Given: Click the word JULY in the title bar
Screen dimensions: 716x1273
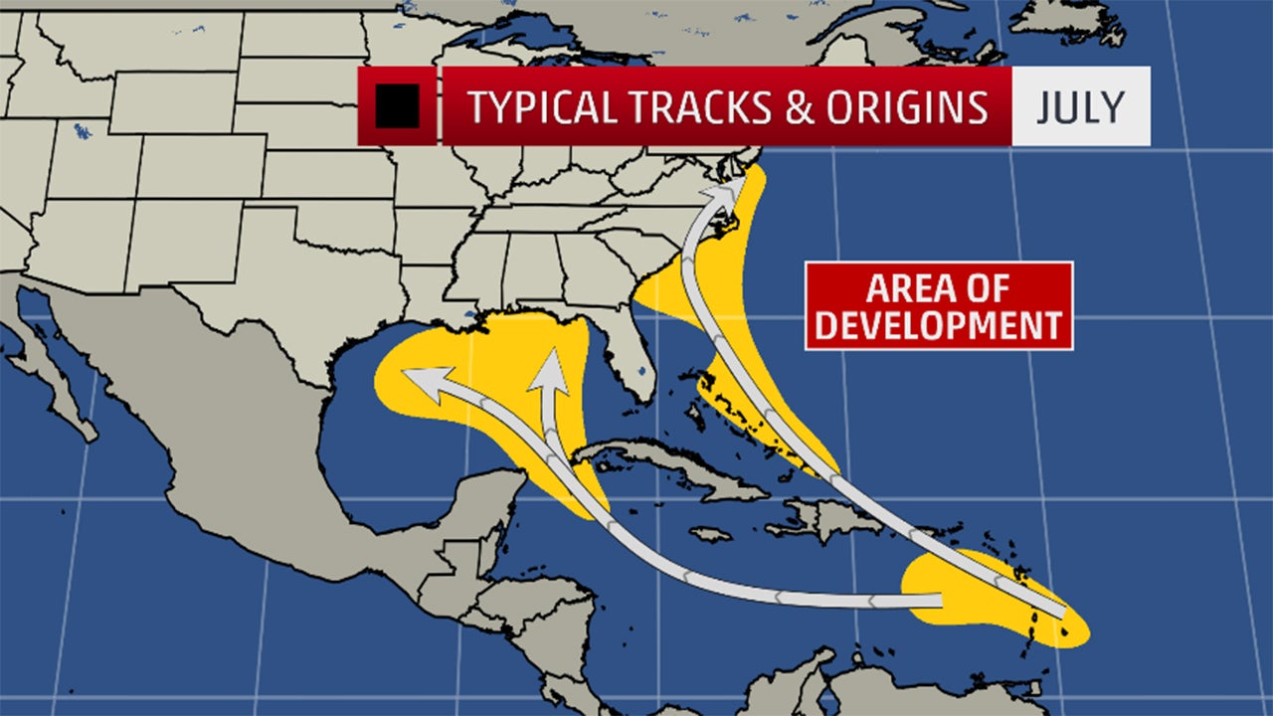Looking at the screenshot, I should coord(1081,106).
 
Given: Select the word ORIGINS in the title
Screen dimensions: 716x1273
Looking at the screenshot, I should coord(908,106).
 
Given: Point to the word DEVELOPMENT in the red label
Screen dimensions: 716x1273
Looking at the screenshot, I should coord(939,325).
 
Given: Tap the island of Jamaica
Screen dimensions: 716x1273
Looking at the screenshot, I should coord(710,534).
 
